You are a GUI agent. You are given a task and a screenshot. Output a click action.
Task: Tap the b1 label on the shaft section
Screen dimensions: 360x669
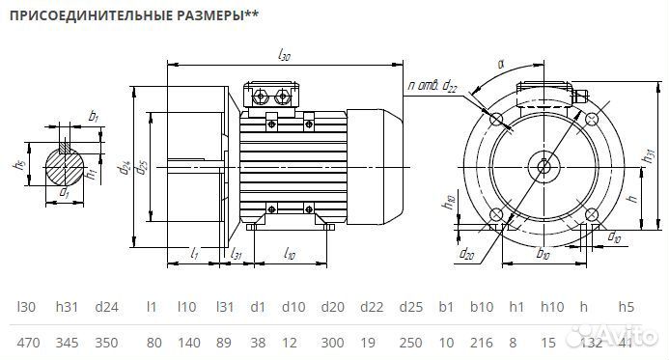[94, 117]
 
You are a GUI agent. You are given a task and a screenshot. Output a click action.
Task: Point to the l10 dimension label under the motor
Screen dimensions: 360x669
[290, 253]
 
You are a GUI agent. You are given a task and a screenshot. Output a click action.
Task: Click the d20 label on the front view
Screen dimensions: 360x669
[467, 254]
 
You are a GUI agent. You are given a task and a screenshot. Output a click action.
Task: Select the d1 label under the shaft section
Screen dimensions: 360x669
[65, 194]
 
